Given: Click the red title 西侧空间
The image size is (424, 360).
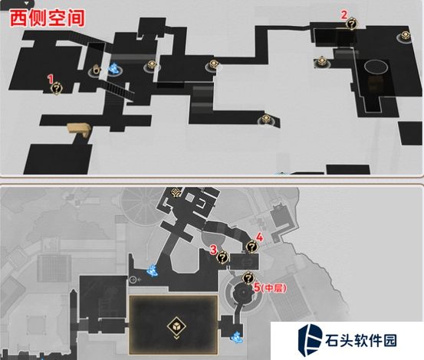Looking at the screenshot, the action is pos(47,18).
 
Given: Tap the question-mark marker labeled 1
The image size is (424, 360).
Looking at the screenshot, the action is pos(57,89).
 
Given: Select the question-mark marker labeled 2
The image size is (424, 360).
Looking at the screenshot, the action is pos(352,24).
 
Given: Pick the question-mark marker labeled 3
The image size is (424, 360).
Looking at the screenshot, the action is pos(223,257).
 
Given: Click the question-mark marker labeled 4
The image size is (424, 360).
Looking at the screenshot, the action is pos(251,247).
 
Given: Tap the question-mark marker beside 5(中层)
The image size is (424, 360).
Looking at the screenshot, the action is pos(248,278).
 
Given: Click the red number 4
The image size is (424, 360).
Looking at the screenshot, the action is pos(260,237).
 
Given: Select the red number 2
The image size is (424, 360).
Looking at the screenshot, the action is pos(343,15).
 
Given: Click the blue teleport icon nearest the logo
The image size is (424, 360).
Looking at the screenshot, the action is pos(237,337).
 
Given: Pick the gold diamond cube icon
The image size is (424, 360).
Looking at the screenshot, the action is pos(176,326).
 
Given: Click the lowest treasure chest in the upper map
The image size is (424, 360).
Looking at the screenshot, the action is pos(267,119).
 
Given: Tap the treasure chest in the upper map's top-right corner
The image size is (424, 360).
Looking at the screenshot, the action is pos(406,36).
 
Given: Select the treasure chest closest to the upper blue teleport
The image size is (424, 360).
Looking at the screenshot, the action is pos(153,65).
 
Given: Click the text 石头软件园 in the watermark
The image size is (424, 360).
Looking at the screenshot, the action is pos(361,341).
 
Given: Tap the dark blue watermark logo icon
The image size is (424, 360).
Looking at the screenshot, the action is pos(311,339).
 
